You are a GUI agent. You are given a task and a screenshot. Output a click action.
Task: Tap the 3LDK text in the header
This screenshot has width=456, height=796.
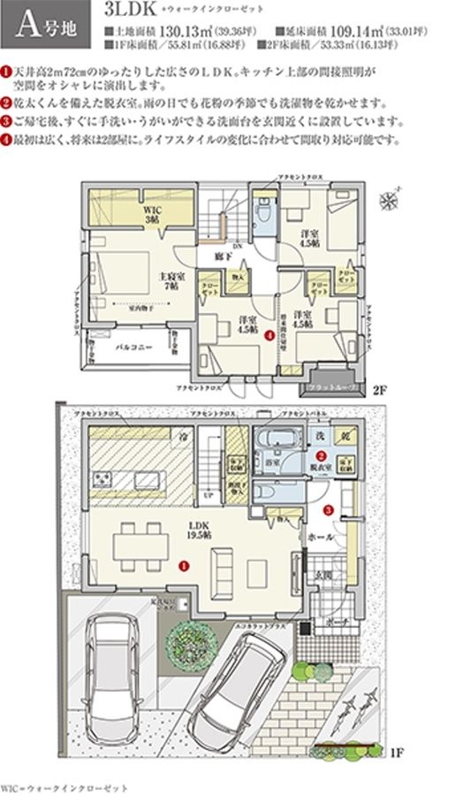128,11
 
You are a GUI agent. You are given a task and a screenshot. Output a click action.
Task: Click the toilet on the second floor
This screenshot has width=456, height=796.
263,212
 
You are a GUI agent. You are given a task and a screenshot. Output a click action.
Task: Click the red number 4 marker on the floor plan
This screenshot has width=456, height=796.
269,333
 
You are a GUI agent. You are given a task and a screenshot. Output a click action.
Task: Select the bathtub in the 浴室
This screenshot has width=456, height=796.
280,440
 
